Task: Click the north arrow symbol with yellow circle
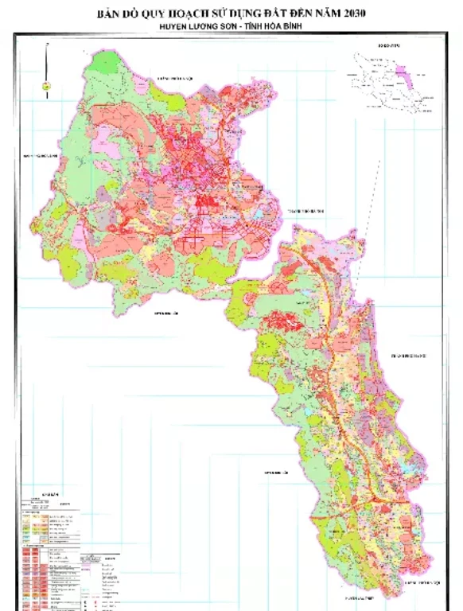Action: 46,84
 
